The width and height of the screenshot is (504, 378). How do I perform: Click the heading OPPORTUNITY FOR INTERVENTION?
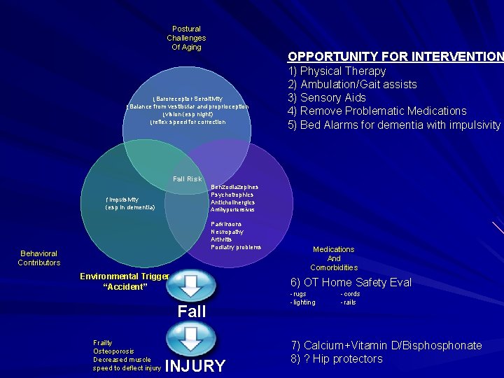[395, 57]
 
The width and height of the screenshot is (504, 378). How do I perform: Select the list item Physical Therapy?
[337, 71]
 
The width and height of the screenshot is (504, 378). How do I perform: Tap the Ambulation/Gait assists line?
[352, 84]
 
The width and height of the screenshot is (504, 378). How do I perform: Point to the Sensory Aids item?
[327, 97]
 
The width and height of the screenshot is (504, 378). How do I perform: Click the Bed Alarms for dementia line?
[394, 125]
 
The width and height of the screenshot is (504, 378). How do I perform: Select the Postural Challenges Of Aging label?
[186, 38]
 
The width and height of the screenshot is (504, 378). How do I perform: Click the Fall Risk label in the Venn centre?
[187, 179]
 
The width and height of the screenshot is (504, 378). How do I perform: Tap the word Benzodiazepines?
[234, 188]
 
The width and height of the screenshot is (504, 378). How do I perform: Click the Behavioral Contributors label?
[39, 258]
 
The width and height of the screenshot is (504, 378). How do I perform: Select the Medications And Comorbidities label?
[334, 258]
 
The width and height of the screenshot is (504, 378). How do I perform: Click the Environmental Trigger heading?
[125, 276]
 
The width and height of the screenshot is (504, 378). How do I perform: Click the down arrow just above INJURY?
[192, 340]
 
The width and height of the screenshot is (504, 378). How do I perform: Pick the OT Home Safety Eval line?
[351, 283]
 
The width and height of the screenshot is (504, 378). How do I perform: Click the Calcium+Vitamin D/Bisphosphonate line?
[386, 345]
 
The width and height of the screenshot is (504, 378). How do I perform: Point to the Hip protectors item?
[336, 358]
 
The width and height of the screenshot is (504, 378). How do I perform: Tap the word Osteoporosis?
[113, 351]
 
